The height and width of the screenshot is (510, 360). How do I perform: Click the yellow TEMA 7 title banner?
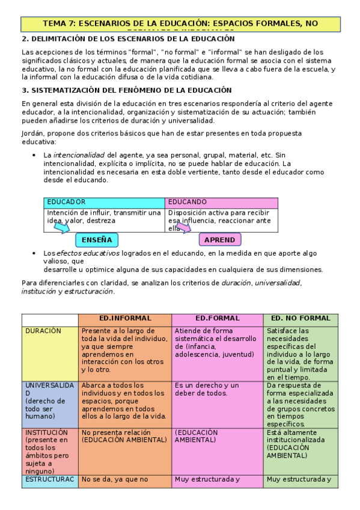coord(180,24)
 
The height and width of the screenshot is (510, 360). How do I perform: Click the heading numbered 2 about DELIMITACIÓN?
coord(128,39)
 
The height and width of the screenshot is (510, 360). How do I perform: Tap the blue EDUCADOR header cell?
coord(104,202)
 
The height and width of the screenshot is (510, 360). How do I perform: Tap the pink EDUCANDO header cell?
coord(221,202)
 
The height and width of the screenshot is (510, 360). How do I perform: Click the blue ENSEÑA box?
coord(97,240)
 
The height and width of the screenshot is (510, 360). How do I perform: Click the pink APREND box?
coord(219,240)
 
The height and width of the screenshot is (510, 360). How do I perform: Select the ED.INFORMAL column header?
coord(125,319)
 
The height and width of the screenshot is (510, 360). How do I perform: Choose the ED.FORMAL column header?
coord(217,319)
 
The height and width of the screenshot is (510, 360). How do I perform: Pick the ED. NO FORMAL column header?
coord(301,319)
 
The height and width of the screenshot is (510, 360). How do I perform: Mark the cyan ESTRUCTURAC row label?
coord(50,480)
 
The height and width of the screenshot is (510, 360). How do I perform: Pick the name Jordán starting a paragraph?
coord(33,133)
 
